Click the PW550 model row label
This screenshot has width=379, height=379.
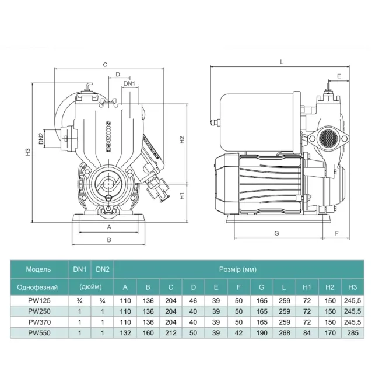click(39, 333)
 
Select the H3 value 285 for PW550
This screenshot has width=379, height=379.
click(352, 333)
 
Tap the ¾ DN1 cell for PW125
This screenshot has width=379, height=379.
click(79, 301)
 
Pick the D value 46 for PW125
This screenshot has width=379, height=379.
click(193, 301)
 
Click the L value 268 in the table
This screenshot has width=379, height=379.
click(285, 333)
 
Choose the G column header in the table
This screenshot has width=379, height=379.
click(261, 287)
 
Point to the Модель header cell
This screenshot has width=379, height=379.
click(38, 269)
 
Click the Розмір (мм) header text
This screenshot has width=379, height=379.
click(237, 269)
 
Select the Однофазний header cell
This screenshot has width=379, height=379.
click(37, 287)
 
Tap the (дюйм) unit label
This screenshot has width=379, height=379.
click(90, 287)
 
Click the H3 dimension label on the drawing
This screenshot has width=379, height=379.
click(29, 152)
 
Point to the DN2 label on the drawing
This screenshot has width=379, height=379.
click(41, 139)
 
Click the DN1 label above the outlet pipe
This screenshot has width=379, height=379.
click(129, 83)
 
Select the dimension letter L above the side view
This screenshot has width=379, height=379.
click(282, 62)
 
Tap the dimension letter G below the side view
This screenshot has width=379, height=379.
click(277, 233)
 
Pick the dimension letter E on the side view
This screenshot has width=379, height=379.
click(339, 76)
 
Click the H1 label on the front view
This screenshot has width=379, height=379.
click(182, 195)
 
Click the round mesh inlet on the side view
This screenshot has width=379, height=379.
click(328, 138)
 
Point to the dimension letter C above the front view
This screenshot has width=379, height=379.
click(105, 65)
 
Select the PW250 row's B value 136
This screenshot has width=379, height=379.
click(148, 311)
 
